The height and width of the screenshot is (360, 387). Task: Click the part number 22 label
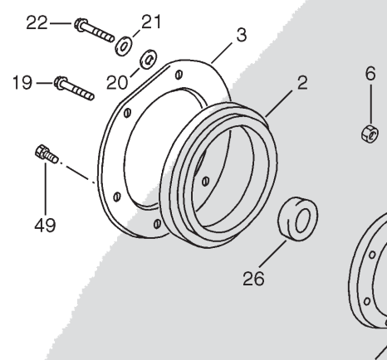pyautogui.click(x=37, y=23)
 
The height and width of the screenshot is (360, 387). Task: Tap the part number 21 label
pyautogui.click(x=151, y=22)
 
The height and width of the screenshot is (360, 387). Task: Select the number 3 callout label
pyautogui.click(x=242, y=36)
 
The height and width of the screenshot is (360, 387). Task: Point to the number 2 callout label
pyautogui.click(x=302, y=83)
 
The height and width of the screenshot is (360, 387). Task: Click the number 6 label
pyautogui.click(x=370, y=74)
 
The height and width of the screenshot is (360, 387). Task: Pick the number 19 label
pyautogui.click(x=22, y=83)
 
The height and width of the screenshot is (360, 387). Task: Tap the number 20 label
pyautogui.click(x=117, y=83)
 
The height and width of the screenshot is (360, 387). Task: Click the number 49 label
pyautogui.click(x=45, y=226)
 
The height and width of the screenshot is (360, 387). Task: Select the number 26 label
pyautogui.click(x=253, y=279)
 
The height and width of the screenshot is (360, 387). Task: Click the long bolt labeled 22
pyautogui.click(x=94, y=31)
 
